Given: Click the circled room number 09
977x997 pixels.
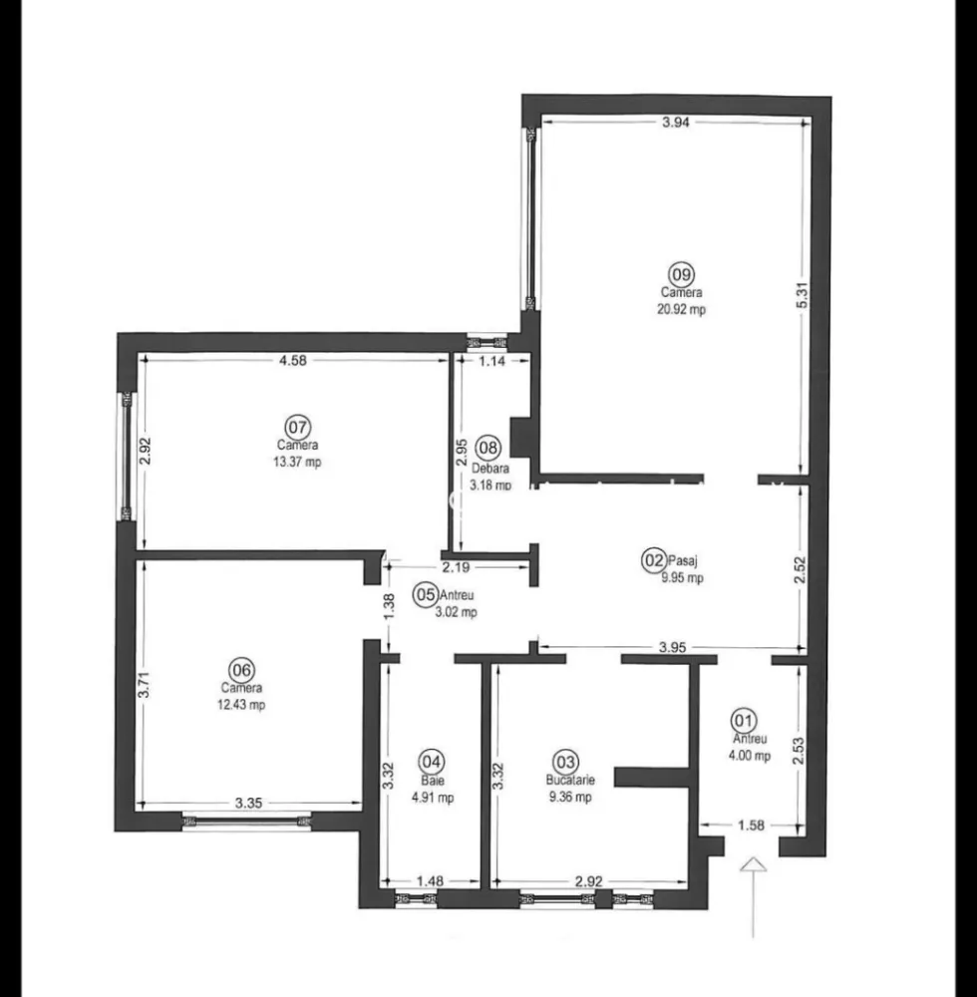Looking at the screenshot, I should point(682,275).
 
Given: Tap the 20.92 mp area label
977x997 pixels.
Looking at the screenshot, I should point(682,309).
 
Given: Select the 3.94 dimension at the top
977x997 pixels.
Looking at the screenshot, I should point(676,123).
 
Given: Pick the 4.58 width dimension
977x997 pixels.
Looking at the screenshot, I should point(292,361).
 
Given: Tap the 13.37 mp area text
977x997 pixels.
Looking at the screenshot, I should point(297,462).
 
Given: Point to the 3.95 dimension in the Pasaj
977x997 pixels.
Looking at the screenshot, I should point(673,647).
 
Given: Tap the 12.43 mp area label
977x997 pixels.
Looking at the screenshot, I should point(242,705).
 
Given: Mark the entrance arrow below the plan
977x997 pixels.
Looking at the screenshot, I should point(754,869).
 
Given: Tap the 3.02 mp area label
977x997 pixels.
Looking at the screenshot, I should point(456,612).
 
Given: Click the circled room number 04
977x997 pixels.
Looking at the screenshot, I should point(431,760).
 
